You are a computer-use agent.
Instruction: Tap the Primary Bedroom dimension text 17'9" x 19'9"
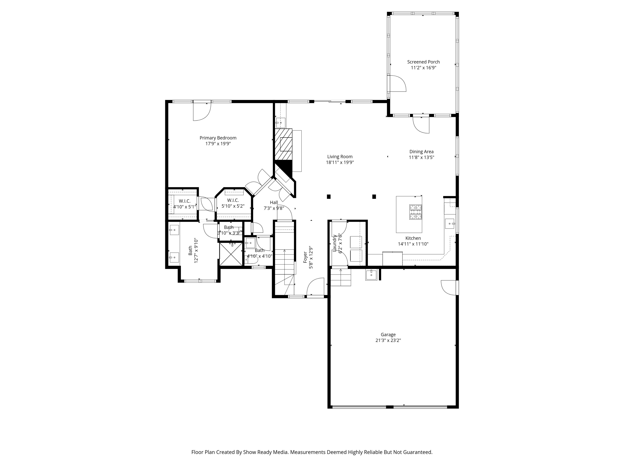[x=218, y=144]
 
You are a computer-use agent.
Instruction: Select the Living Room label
[x=340, y=157]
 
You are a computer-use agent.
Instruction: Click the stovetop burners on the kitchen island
[x=416, y=212]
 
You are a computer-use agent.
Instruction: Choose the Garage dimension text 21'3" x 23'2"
[x=388, y=340]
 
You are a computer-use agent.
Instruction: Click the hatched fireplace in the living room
[x=284, y=144]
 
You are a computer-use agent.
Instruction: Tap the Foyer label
[x=305, y=257]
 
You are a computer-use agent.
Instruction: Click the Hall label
[x=274, y=202]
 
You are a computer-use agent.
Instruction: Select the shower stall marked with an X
[x=231, y=254]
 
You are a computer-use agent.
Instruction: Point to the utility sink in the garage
[x=371, y=275]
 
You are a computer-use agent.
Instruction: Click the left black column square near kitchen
[x=329, y=197]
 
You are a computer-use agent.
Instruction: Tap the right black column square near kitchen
[x=374, y=197]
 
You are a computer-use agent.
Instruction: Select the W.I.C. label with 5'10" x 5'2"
[x=233, y=200]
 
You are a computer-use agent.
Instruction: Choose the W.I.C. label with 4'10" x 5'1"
[x=184, y=201]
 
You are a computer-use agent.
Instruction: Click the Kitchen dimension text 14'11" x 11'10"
[x=413, y=244]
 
